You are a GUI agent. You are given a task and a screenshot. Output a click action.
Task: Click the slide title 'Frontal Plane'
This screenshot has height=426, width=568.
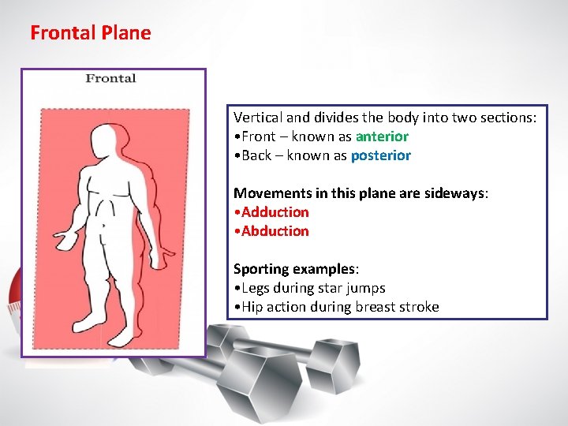[90, 33]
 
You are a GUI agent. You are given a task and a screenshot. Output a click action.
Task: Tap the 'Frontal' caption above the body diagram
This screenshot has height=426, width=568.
[110, 78]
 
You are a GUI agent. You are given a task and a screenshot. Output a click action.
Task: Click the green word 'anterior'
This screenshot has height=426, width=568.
[382, 136]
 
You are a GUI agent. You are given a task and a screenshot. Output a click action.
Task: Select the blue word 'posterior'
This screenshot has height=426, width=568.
[380, 155]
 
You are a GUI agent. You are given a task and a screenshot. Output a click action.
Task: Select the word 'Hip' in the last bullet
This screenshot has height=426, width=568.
[252, 307]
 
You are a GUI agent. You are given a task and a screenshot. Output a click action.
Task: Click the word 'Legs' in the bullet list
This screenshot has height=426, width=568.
[256, 288]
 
